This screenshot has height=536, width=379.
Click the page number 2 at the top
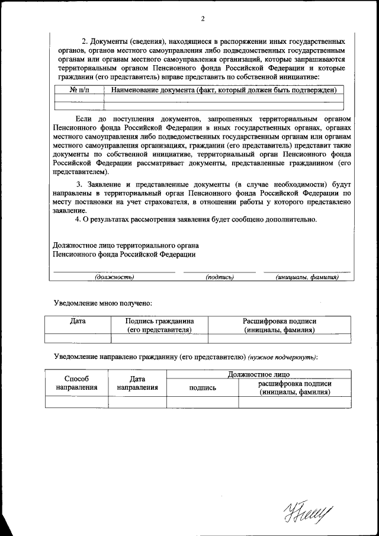(202, 18)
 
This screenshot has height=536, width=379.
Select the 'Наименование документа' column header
(221, 90)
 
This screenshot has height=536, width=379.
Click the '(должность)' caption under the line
(114, 277)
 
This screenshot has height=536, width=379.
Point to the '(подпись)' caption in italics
(220, 277)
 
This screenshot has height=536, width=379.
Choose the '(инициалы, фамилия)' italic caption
(307, 277)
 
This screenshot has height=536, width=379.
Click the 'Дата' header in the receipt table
(78, 321)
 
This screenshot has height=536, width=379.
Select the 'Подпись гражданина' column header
(159, 325)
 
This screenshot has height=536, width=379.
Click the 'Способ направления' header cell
(76, 383)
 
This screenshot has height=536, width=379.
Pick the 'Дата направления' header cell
(137, 383)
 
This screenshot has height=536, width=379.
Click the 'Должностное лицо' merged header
(258, 374)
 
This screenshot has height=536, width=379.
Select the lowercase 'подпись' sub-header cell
(203, 387)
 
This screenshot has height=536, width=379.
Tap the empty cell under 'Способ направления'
(76, 402)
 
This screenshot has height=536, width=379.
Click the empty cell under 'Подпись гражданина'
(159, 339)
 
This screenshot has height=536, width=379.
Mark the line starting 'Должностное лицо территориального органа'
(126, 245)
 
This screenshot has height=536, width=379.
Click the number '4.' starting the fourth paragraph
(78, 219)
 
